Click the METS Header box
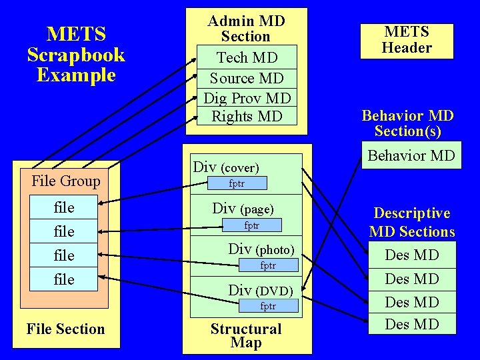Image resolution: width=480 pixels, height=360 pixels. (407, 41)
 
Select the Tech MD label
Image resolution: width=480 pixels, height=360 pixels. (246, 58)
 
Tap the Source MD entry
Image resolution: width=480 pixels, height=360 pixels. (246, 78)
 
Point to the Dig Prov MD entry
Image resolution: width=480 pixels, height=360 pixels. (247, 98)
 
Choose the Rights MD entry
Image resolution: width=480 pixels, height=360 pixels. (247, 116)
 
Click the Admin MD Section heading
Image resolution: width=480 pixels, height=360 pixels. (246, 29)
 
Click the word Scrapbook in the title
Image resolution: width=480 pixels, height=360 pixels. (76, 54)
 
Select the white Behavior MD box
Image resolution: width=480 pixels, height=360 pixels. (411, 156)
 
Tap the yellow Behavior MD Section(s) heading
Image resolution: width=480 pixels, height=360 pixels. (407, 123)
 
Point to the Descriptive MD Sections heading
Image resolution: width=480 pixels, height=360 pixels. (411, 223)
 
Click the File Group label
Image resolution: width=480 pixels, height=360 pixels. (66, 181)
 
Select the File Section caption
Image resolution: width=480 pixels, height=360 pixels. (65, 329)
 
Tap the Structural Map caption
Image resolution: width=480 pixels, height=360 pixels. (246, 335)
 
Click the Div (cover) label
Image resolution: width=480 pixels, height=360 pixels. (225, 167)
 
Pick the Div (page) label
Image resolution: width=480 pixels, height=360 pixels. (243, 208)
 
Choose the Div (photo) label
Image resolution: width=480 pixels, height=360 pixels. (261, 249)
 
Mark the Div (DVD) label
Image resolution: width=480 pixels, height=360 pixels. (260, 290)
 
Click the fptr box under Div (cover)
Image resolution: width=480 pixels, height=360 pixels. (237, 183)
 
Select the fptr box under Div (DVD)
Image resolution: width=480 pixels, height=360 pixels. (267, 307)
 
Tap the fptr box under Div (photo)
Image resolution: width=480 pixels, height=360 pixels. (267, 266)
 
